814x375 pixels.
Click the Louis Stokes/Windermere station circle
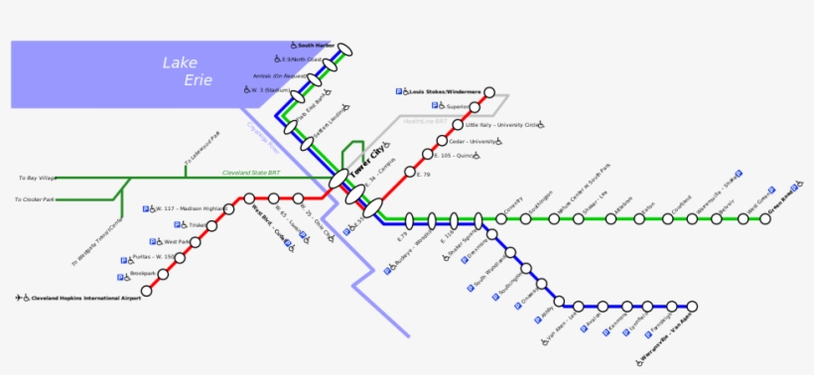[488, 92]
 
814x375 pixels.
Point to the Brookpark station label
[143, 274]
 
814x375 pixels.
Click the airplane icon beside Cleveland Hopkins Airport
[19, 298]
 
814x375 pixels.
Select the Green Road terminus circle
[766, 218]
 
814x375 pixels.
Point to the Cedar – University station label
[474, 141]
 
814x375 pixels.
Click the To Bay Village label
[37, 178]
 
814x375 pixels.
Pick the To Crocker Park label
[36, 200]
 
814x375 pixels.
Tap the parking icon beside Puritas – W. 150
[130, 259]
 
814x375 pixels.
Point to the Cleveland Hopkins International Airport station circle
[147, 291]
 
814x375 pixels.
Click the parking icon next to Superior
[435, 105]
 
